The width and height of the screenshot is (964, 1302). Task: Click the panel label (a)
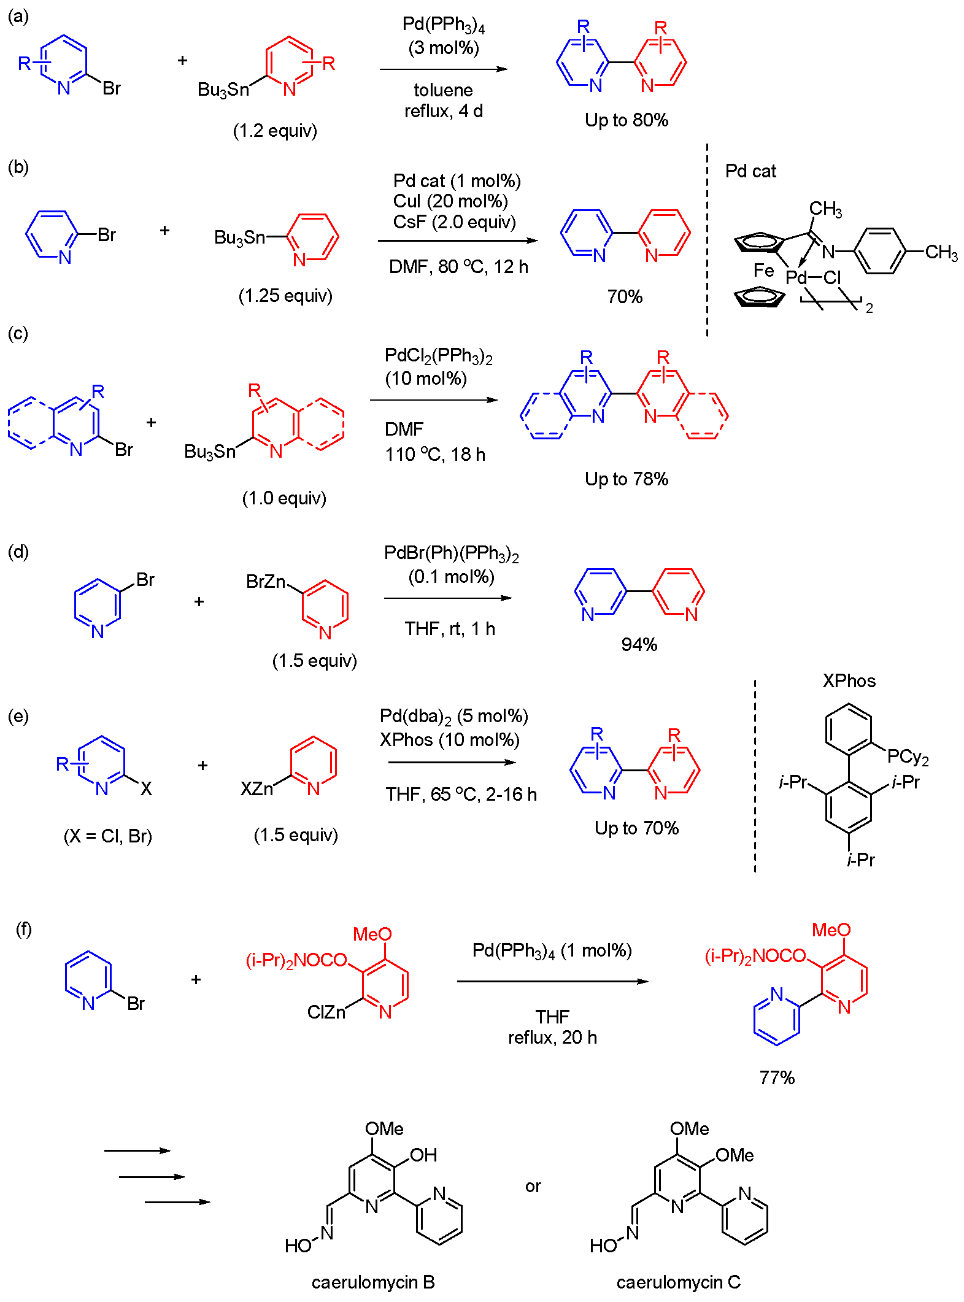pos(18,17)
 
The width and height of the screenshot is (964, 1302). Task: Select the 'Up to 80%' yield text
pos(626,120)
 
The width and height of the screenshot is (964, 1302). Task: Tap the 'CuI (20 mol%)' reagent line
pos(450,201)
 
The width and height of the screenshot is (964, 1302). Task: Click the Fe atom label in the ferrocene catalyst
pos(763,270)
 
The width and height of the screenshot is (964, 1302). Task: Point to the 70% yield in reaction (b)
pos(625,297)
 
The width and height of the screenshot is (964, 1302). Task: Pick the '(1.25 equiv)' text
pos(285,296)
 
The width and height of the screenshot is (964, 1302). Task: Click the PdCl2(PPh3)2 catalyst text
pos(438,356)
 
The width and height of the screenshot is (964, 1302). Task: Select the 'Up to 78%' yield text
pos(626,479)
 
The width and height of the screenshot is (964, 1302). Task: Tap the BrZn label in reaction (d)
pos(265,581)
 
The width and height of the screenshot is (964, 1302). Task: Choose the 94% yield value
pos(639,644)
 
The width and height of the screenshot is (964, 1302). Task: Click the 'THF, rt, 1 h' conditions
pos(449,629)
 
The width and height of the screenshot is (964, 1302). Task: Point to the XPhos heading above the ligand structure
pos(849,680)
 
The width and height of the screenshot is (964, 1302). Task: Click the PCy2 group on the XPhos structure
pos(908,757)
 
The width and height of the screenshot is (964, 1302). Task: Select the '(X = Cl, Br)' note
pos(108,836)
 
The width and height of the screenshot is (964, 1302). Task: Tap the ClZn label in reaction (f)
pos(326,1012)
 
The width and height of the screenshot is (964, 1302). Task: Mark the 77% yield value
pos(777,1077)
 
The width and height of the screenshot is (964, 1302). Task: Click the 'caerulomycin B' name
pos(373,1282)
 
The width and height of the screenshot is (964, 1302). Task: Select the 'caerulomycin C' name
pos(678,1282)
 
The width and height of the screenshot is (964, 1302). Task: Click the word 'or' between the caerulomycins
pos(533,1186)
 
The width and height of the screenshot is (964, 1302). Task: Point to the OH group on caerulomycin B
pos(423,1155)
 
